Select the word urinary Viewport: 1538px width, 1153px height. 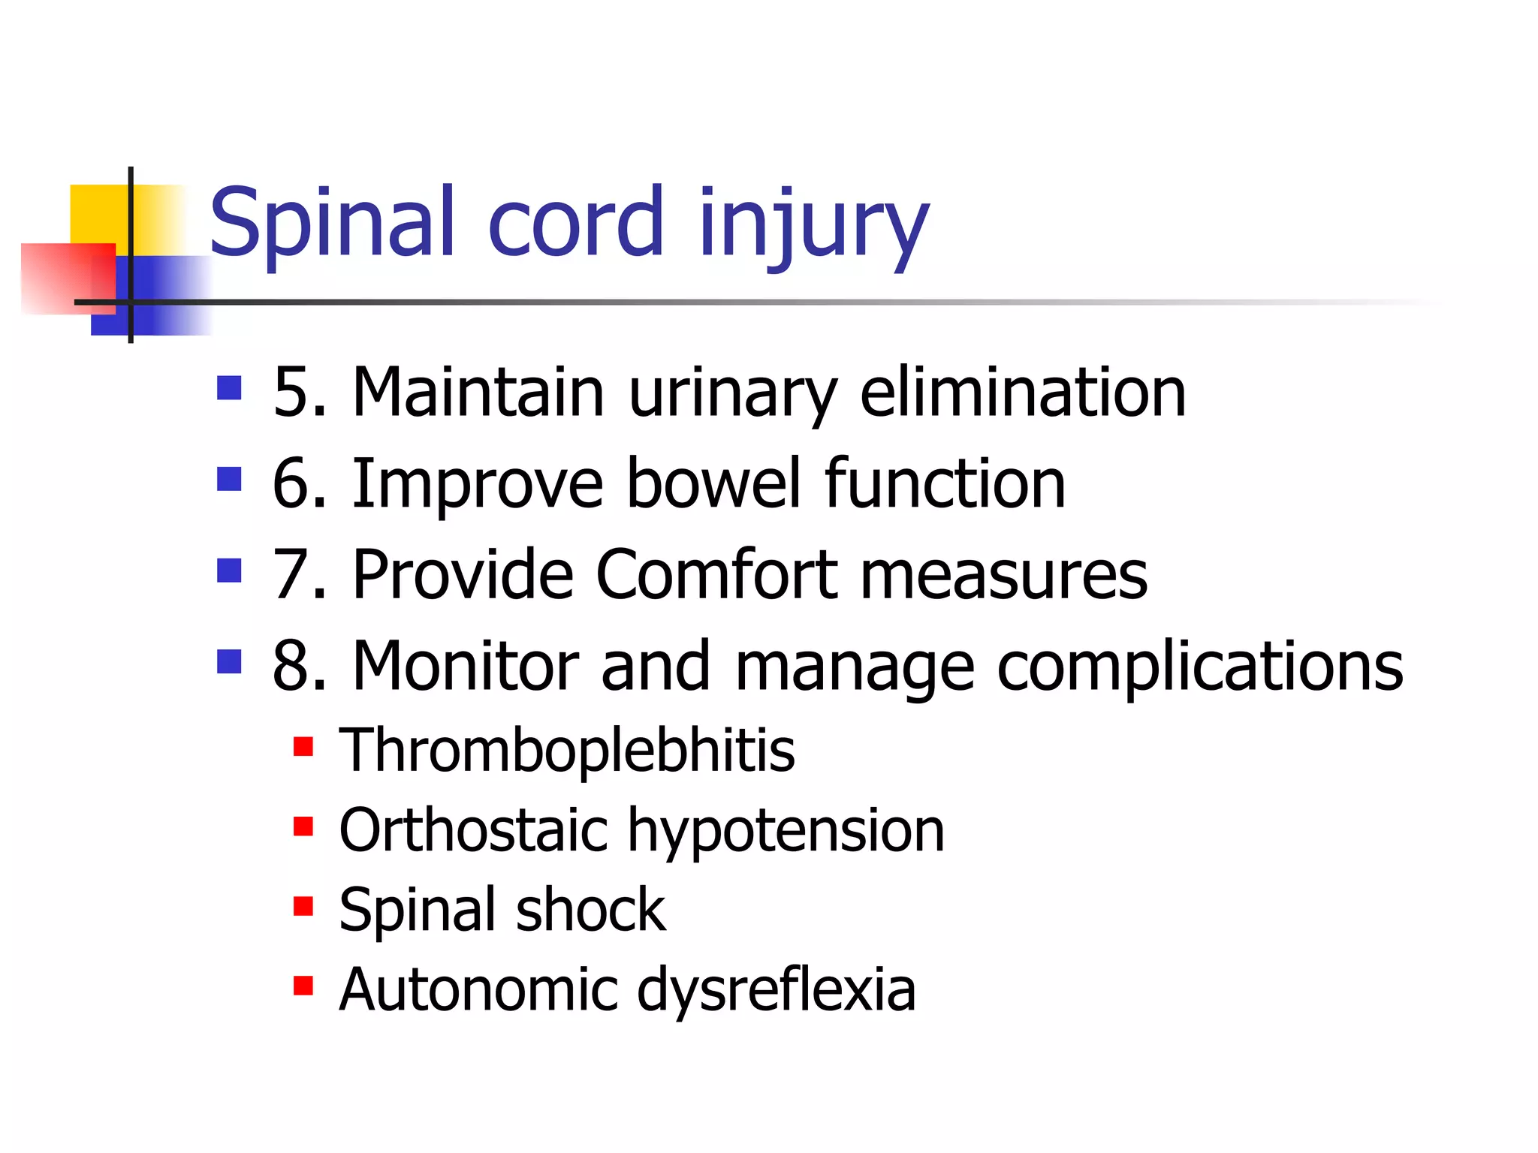(x=731, y=393)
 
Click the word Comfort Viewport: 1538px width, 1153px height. (x=716, y=574)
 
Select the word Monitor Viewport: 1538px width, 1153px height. (x=466, y=667)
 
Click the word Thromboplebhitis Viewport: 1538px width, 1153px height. (x=567, y=751)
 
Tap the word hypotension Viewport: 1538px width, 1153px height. (x=786, y=832)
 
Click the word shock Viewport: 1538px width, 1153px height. (x=590, y=910)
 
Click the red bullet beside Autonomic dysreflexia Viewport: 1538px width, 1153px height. (x=303, y=986)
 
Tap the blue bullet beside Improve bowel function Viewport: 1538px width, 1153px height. (x=229, y=479)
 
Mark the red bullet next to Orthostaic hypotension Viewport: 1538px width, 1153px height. (x=303, y=826)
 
